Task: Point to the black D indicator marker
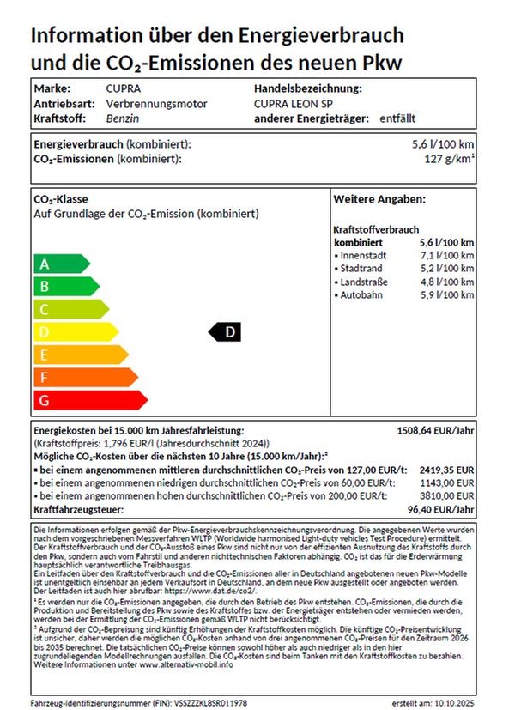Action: (226, 331)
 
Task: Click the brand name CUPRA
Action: (124, 88)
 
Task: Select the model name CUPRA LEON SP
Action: (292, 104)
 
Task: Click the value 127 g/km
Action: (449, 159)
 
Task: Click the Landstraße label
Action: (364, 282)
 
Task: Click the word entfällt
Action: (399, 118)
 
